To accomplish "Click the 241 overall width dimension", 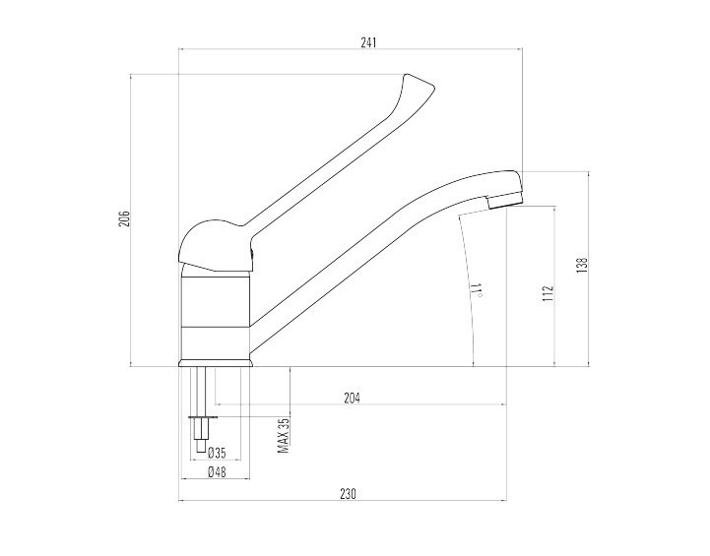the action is click(368, 42).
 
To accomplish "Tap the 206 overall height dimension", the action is click(124, 218).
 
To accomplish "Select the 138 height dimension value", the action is click(582, 265).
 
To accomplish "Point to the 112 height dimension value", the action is click(548, 293).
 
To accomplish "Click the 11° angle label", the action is click(476, 290).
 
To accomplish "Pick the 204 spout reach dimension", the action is click(352, 399).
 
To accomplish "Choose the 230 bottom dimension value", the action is click(348, 494).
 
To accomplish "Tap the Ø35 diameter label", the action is click(217, 453).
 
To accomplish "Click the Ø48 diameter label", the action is click(217, 472).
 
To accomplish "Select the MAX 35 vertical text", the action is click(283, 435).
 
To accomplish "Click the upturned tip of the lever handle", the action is click(408, 75).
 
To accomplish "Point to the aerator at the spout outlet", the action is click(505, 201).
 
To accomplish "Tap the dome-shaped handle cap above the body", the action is click(215, 247).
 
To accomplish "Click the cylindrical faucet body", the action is click(216, 315).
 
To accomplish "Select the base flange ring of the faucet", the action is click(216, 363).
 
